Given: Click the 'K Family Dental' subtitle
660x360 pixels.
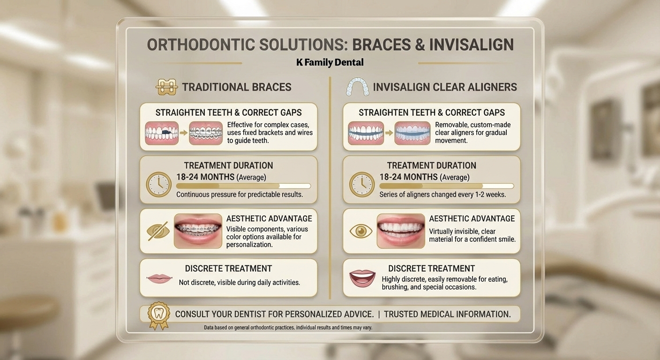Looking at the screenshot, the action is click(x=330, y=62).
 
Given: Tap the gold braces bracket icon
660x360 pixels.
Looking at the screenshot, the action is click(x=167, y=87).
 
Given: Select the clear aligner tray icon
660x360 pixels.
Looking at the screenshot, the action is click(x=357, y=87).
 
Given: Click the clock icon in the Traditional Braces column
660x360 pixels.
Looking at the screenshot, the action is click(x=159, y=184).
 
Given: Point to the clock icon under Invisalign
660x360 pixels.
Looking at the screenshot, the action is click(x=362, y=184).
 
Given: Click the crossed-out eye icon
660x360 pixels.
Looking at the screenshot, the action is click(x=158, y=231).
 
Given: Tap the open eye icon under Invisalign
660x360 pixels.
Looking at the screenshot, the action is click(x=361, y=231).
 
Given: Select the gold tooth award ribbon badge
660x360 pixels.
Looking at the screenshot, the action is click(x=159, y=315).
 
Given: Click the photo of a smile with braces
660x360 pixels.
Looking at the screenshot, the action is click(x=198, y=231).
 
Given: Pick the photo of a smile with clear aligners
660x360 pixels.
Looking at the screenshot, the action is click(x=401, y=231).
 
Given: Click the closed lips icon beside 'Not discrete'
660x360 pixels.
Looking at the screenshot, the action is click(x=159, y=278).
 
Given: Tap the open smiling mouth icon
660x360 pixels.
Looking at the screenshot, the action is click(x=362, y=278).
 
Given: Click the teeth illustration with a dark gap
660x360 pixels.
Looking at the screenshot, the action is click(x=162, y=133).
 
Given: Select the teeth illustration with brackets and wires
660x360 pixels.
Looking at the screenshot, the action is click(x=206, y=133).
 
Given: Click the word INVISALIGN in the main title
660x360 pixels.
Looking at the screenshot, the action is click(x=472, y=45).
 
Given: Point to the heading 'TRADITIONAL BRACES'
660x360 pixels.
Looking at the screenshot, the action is click(x=237, y=87).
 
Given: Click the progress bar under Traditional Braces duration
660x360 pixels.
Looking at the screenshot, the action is click(x=243, y=186).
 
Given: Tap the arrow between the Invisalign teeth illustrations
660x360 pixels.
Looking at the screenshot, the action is click(x=389, y=133).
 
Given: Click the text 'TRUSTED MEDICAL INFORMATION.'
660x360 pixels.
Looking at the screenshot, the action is click(x=447, y=315).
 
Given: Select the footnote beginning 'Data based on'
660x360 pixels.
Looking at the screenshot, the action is click(x=288, y=328).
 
